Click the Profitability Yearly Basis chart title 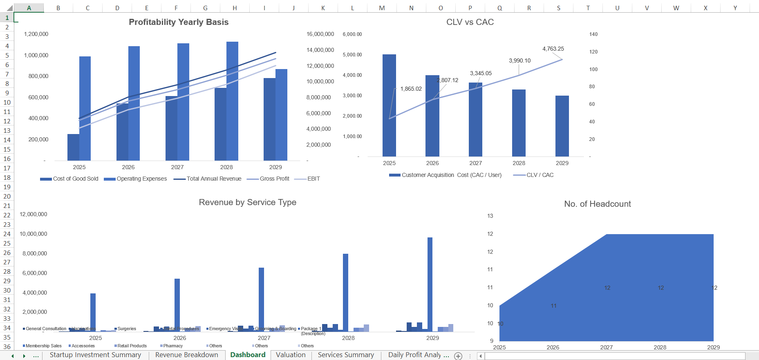[x=179, y=22]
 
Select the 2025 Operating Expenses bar [x=85, y=108]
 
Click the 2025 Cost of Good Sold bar [x=73, y=147]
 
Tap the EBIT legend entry [x=313, y=179]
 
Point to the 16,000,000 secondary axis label [x=320, y=34]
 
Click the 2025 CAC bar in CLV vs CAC [x=389, y=105]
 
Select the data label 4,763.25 [x=553, y=49]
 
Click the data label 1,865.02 [x=411, y=89]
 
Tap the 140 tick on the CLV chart [x=593, y=34]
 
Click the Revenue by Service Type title [x=247, y=203]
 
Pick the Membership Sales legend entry [x=43, y=346]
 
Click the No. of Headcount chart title [x=597, y=204]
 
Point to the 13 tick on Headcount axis [x=490, y=216]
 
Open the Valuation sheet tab [x=291, y=355]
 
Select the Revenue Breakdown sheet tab [x=187, y=355]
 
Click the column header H [x=235, y=8]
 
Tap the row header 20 [x=7, y=197]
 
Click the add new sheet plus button [x=459, y=356]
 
